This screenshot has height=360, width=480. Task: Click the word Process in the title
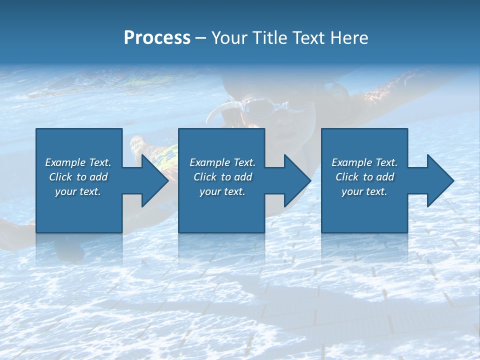point(157,38)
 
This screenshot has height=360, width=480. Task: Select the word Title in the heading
point(268,38)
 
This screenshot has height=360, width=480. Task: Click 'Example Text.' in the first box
point(78,162)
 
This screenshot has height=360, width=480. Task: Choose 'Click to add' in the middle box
point(222,177)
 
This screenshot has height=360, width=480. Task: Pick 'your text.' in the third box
point(364,191)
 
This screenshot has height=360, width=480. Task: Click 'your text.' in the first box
point(78,191)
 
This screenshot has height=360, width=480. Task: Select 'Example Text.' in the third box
point(364,162)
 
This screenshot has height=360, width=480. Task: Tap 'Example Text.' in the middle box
point(222,162)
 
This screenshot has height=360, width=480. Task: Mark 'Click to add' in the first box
point(78,177)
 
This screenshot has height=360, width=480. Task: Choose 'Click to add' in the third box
point(364,177)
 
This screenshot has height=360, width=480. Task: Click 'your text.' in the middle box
point(222,191)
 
